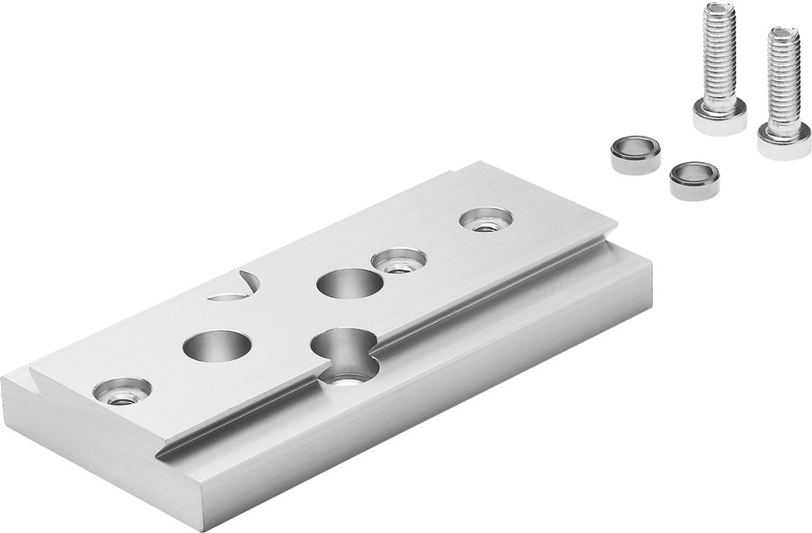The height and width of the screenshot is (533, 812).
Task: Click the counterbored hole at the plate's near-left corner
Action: point(123,391)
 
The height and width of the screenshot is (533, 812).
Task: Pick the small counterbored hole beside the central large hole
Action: point(399,260)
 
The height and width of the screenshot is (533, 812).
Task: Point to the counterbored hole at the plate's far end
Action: point(486,218)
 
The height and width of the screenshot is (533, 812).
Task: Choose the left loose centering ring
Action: point(635,154)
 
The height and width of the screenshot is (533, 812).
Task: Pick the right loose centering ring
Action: point(694,180)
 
